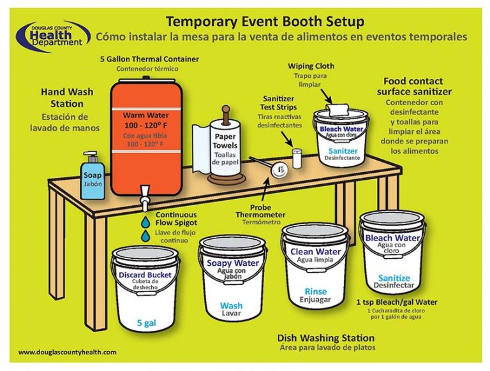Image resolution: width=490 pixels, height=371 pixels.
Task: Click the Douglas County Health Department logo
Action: (x=52, y=34)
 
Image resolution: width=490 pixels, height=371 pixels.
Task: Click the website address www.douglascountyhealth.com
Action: (x=68, y=352)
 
